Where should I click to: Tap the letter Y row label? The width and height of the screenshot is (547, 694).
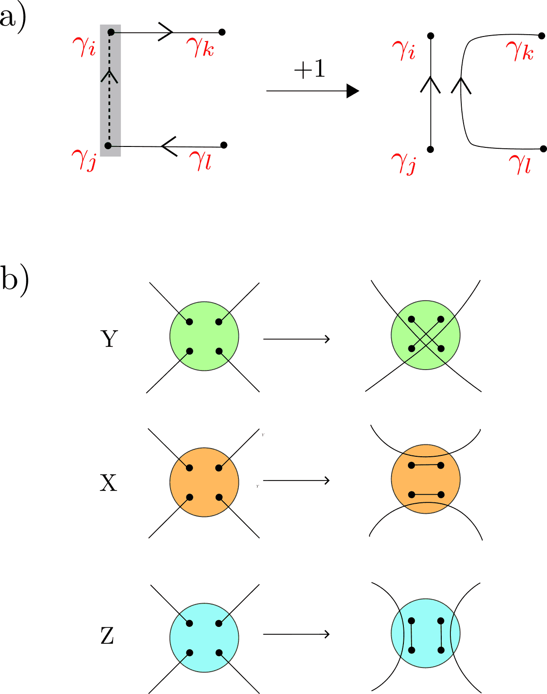[x=108, y=339]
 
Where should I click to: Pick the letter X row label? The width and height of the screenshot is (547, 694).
[x=108, y=482]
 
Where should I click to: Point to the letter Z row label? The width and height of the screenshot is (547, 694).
[x=107, y=636]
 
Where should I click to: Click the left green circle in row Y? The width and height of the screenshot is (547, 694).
[x=204, y=336]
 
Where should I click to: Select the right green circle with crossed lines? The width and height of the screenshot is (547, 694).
[x=425, y=335]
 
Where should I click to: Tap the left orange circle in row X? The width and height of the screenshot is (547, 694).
[x=204, y=482]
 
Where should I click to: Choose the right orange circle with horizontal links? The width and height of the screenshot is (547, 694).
[x=425, y=479]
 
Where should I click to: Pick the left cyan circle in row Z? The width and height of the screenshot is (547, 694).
[x=204, y=637]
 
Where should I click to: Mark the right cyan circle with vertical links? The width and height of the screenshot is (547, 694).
[x=425, y=633]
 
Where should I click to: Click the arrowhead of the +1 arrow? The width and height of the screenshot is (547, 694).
[x=352, y=91]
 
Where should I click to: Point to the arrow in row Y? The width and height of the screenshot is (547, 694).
[x=296, y=339]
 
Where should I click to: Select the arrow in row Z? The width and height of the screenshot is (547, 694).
[x=296, y=634]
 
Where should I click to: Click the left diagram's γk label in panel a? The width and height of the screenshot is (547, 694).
[x=200, y=47]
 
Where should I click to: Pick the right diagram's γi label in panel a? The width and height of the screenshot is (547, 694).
[x=403, y=51]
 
